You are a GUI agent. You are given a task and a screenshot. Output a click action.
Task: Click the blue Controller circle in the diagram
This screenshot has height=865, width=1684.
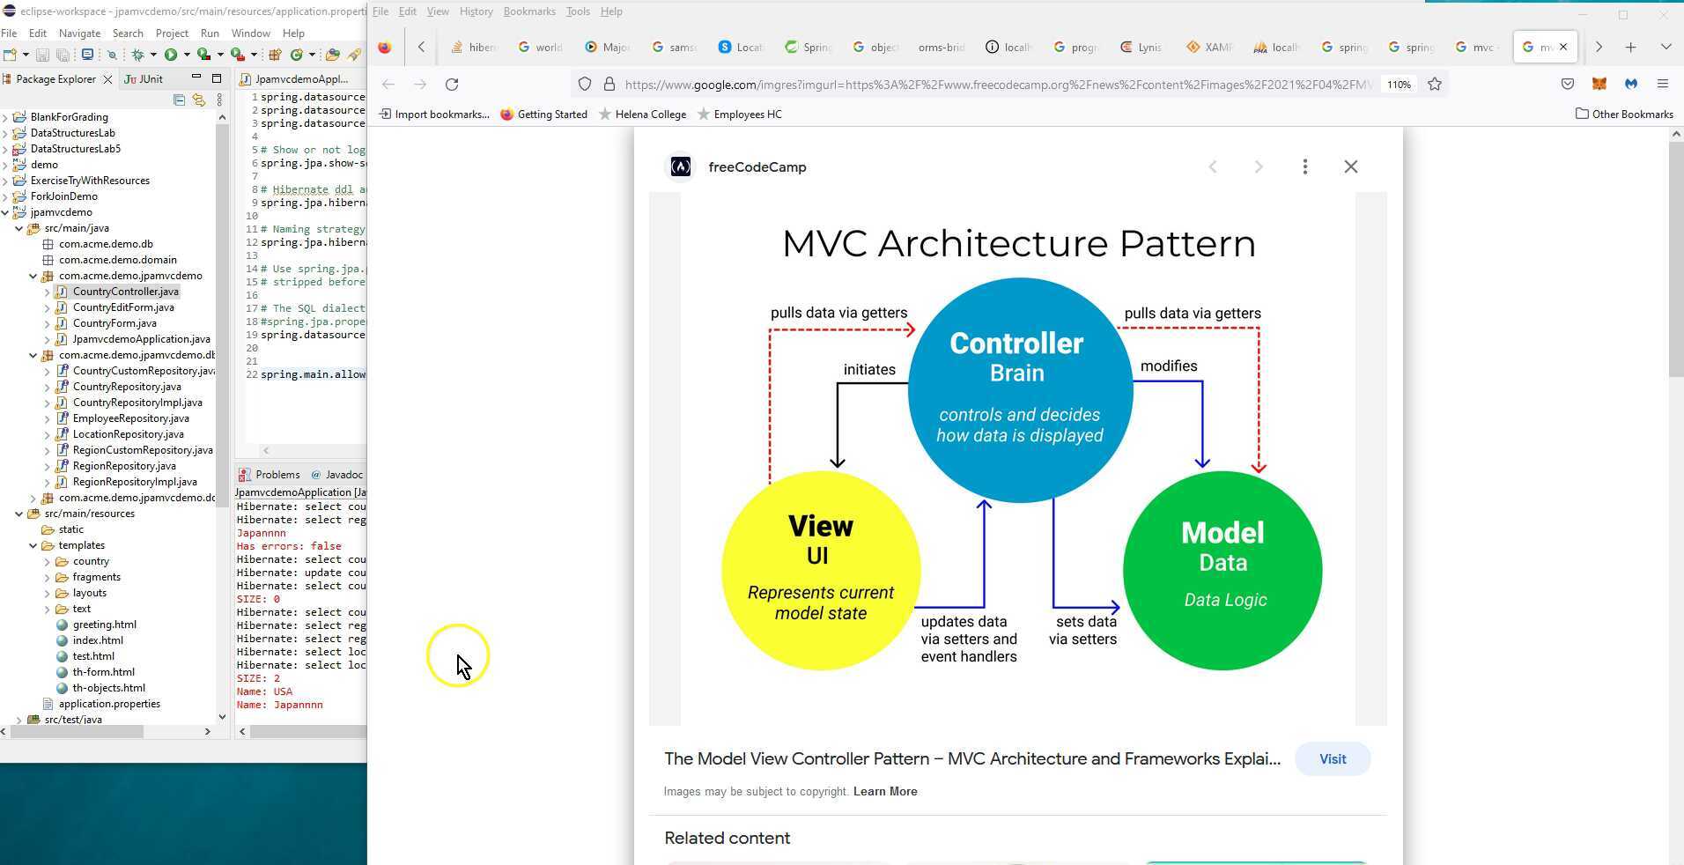point(1019,390)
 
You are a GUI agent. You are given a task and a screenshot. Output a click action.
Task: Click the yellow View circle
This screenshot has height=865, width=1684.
point(820,570)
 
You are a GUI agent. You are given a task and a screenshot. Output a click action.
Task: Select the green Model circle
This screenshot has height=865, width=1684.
point(1222,570)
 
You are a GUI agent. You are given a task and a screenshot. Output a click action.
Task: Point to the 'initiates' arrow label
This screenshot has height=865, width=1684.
point(868,370)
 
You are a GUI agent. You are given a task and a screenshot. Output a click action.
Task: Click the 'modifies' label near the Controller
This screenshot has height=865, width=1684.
point(1168,366)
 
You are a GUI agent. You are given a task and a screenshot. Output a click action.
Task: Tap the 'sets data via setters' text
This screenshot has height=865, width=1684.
point(1083,631)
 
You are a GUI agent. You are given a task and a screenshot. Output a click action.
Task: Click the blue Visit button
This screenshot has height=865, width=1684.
point(1332,759)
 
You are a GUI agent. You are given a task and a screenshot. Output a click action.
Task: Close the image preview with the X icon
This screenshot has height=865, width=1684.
point(1350,166)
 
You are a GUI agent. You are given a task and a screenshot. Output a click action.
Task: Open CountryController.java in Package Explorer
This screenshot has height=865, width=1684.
point(125,292)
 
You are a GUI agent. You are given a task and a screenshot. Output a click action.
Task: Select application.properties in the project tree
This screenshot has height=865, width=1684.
point(109,704)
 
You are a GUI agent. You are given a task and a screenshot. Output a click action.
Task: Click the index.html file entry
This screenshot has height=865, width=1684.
point(97,640)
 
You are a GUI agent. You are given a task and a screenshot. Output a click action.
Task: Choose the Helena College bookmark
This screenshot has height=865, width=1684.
point(650,115)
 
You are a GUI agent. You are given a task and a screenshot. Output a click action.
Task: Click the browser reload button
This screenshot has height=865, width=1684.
point(452,85)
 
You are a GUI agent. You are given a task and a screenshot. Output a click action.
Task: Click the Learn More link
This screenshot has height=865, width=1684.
point(884,792)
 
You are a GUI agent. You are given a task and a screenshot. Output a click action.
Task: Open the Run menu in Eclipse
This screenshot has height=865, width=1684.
point(210,33)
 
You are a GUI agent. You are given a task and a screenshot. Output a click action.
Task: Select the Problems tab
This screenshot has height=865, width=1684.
point(277,475)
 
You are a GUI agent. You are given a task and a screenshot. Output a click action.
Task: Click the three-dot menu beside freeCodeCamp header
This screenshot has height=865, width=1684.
point(1304,166)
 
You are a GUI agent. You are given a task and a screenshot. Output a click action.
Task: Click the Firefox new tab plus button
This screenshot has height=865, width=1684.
point(1630,48)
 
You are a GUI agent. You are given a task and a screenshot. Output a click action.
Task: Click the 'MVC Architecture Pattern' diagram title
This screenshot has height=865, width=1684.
point(1018,244)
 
